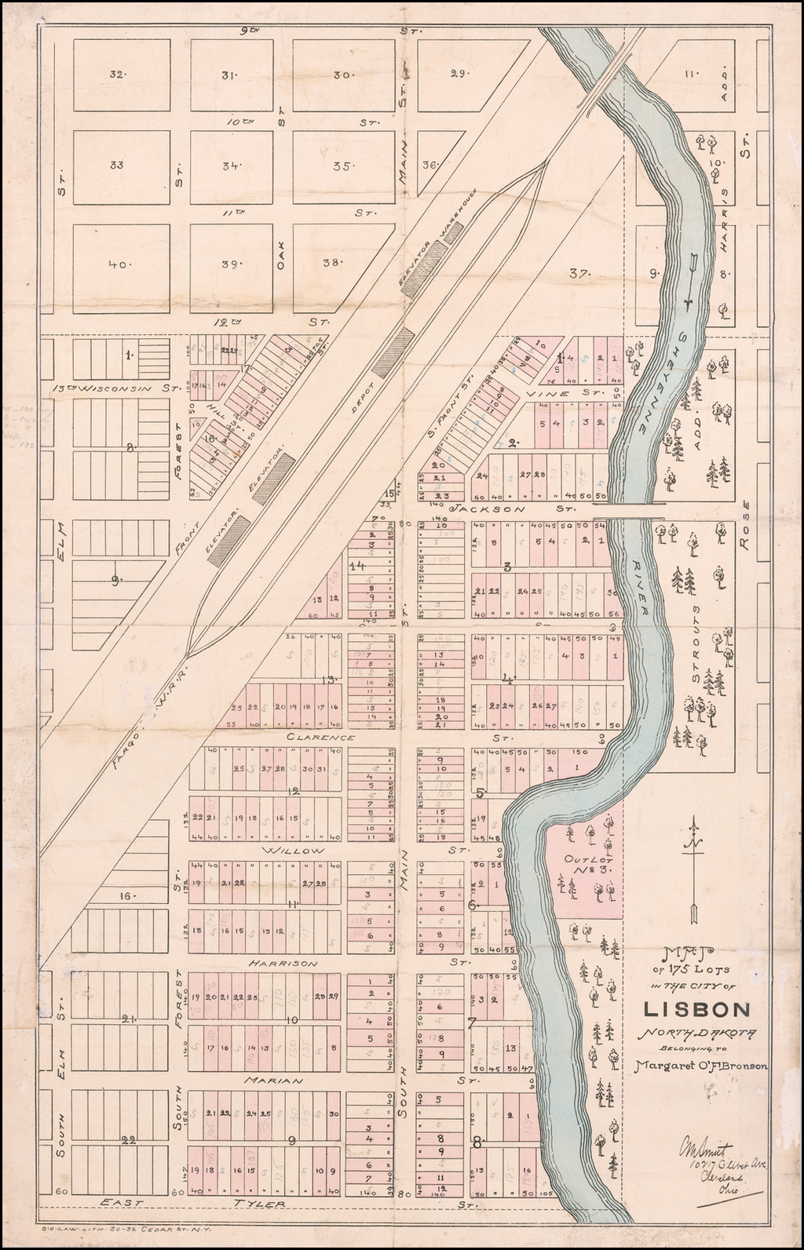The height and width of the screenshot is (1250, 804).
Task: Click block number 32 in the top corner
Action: click(x=117, y=75)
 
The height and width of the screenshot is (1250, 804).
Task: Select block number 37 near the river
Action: click(x=579, y=273)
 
